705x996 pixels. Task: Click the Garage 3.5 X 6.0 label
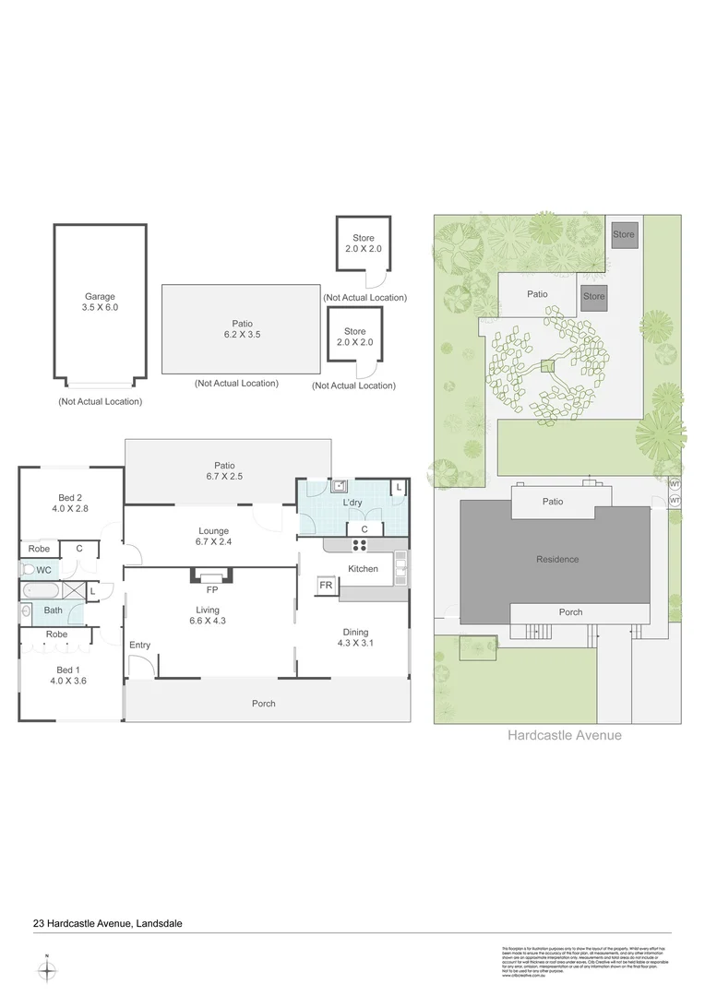[x=100, y=302]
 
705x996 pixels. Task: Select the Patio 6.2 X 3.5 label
[x=242, y=329]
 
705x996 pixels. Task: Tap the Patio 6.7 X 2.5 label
[x=224, y=471]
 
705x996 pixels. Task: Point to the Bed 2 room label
[x=70, y=504]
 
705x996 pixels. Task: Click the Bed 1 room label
[x=70, y=675]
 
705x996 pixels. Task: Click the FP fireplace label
[x=211, y=588]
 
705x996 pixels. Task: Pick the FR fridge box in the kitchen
[x=326, y=586]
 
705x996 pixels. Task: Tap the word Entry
[x=139, y=645]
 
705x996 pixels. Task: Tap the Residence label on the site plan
[x=557, y=559]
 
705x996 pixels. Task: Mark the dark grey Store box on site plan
[x=593, y=297]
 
